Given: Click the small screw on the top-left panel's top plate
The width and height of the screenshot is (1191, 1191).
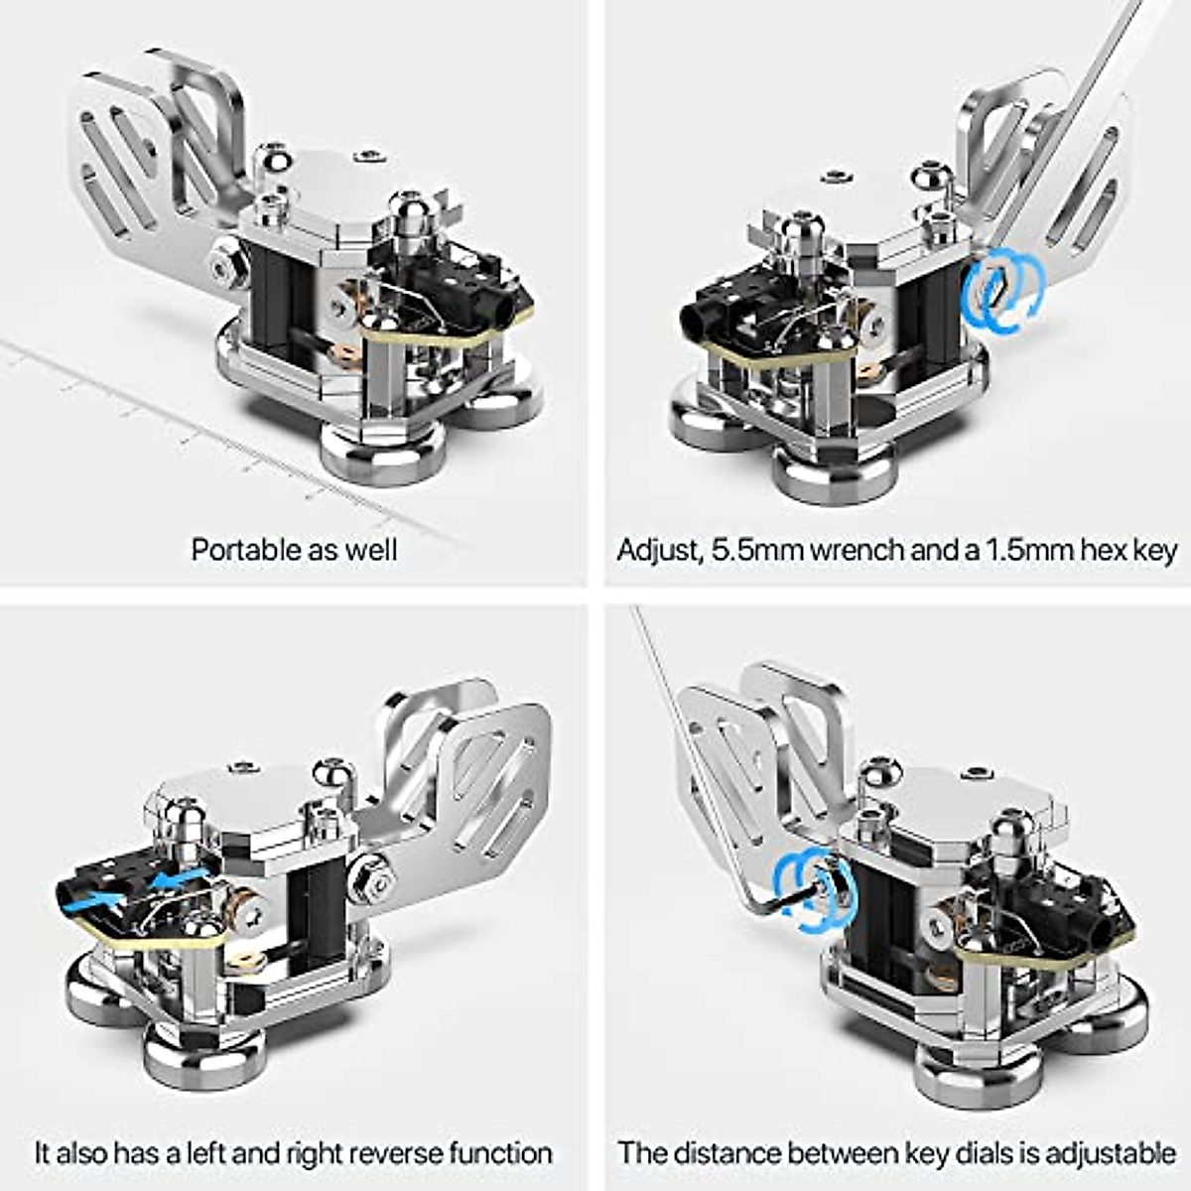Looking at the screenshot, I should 370,156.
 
